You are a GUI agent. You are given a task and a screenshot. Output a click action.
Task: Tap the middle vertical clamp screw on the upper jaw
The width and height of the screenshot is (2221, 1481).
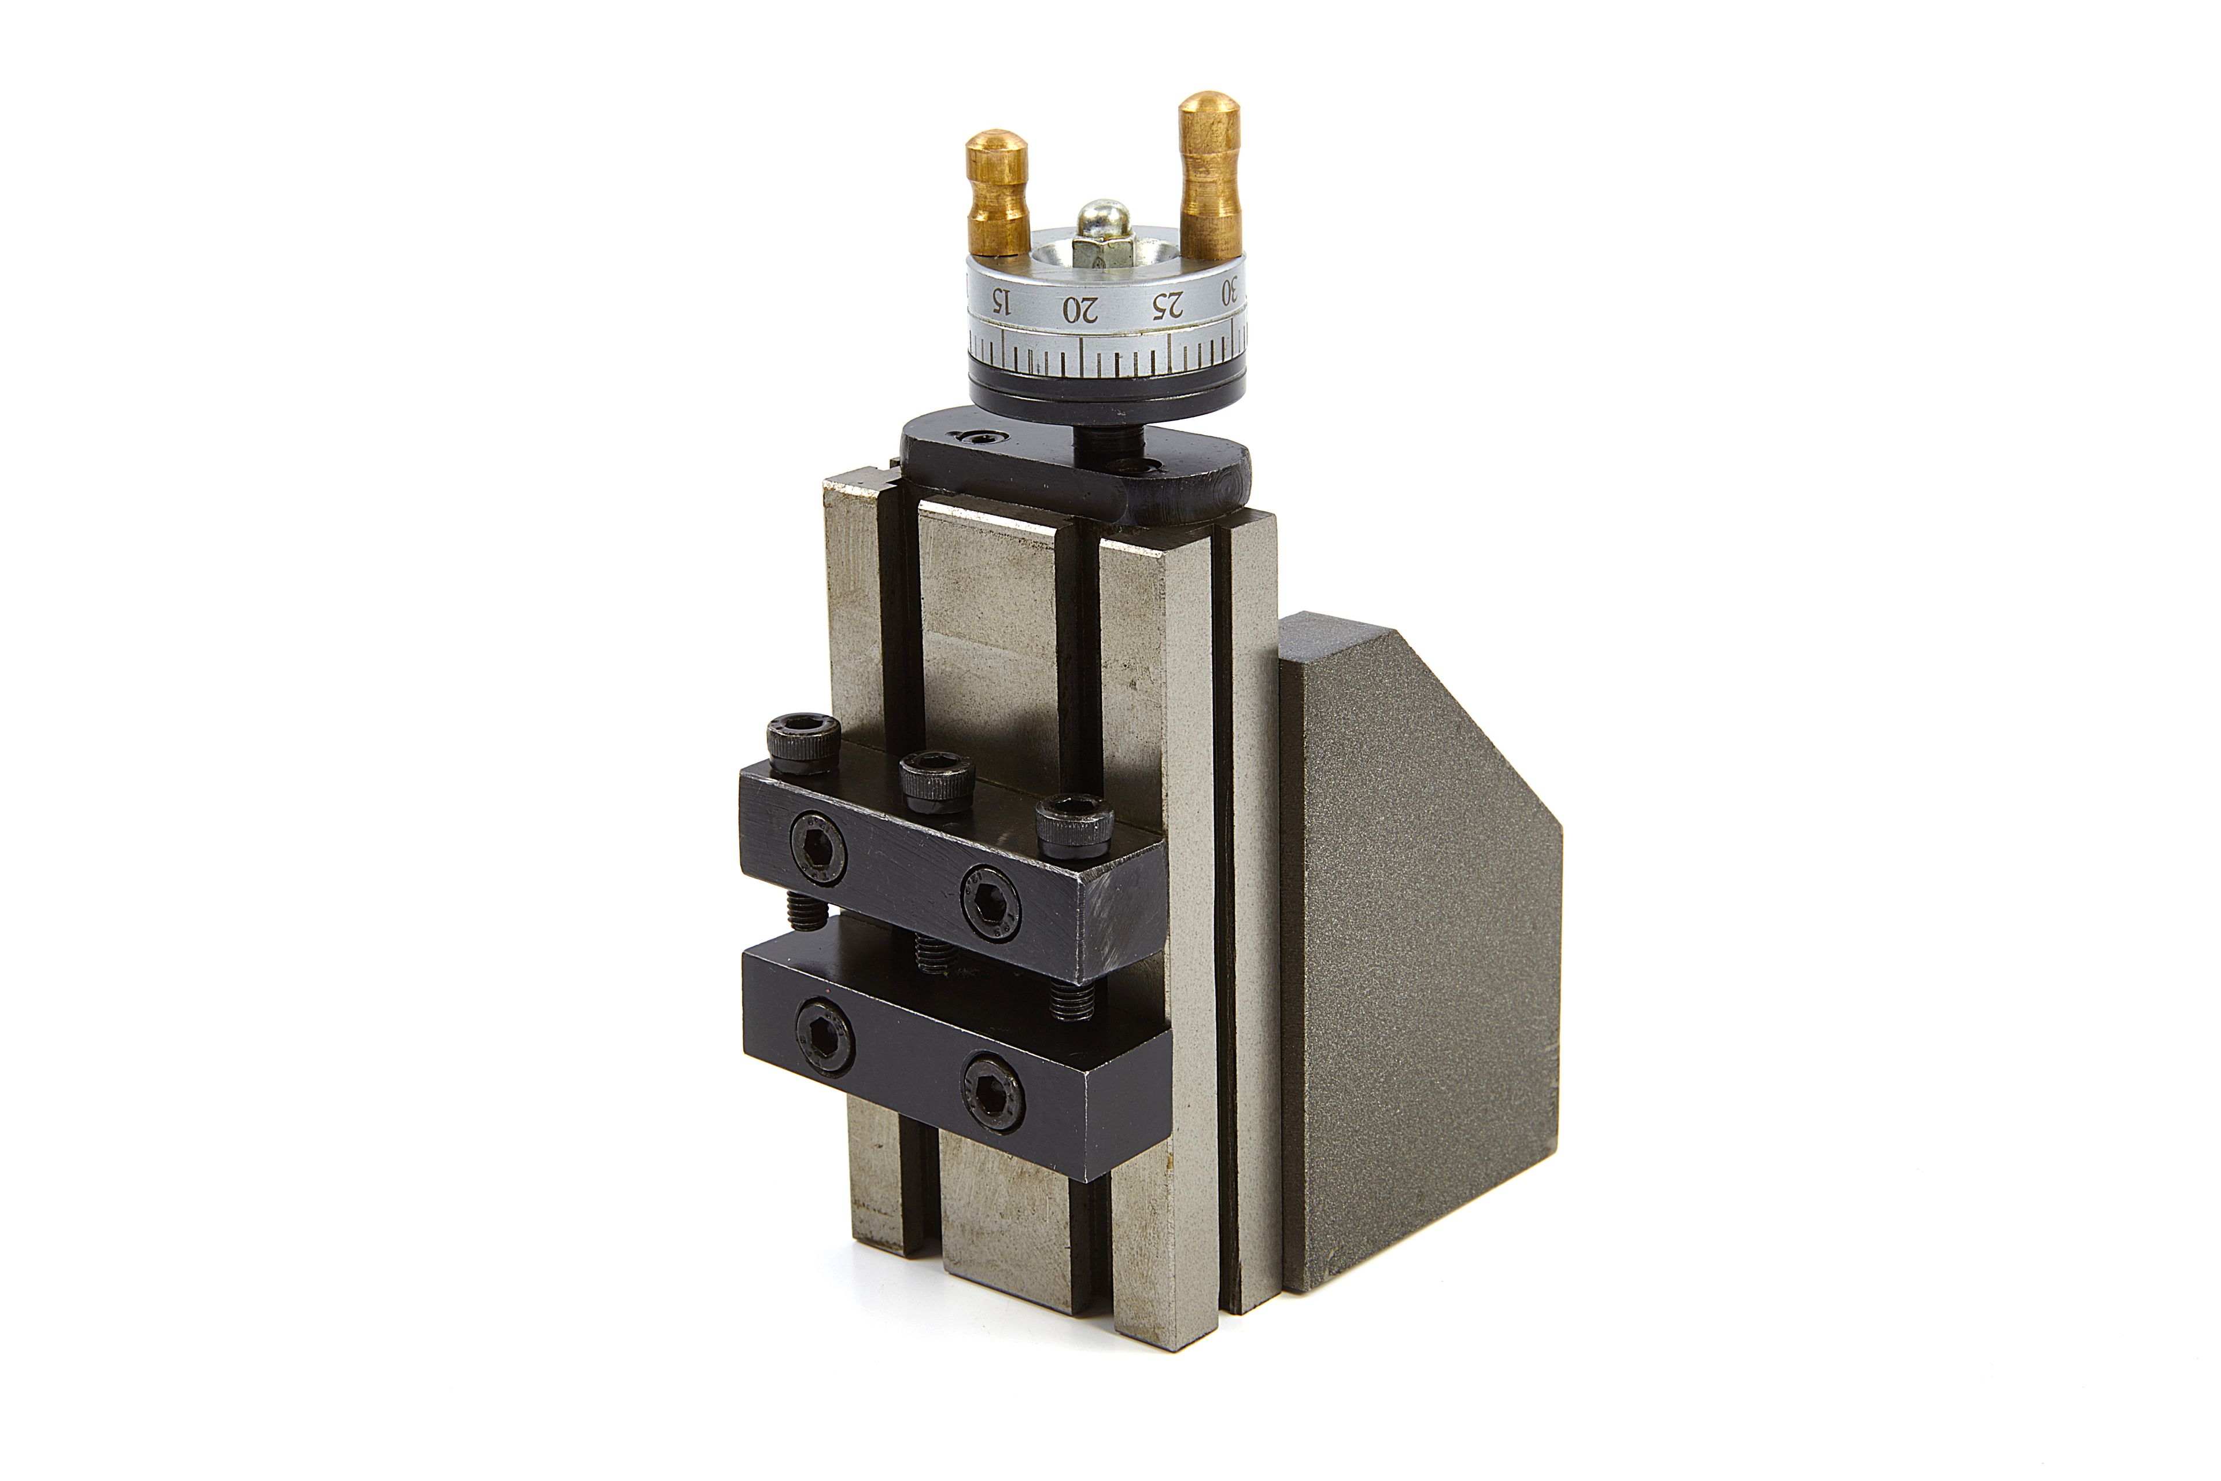point(937,781)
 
